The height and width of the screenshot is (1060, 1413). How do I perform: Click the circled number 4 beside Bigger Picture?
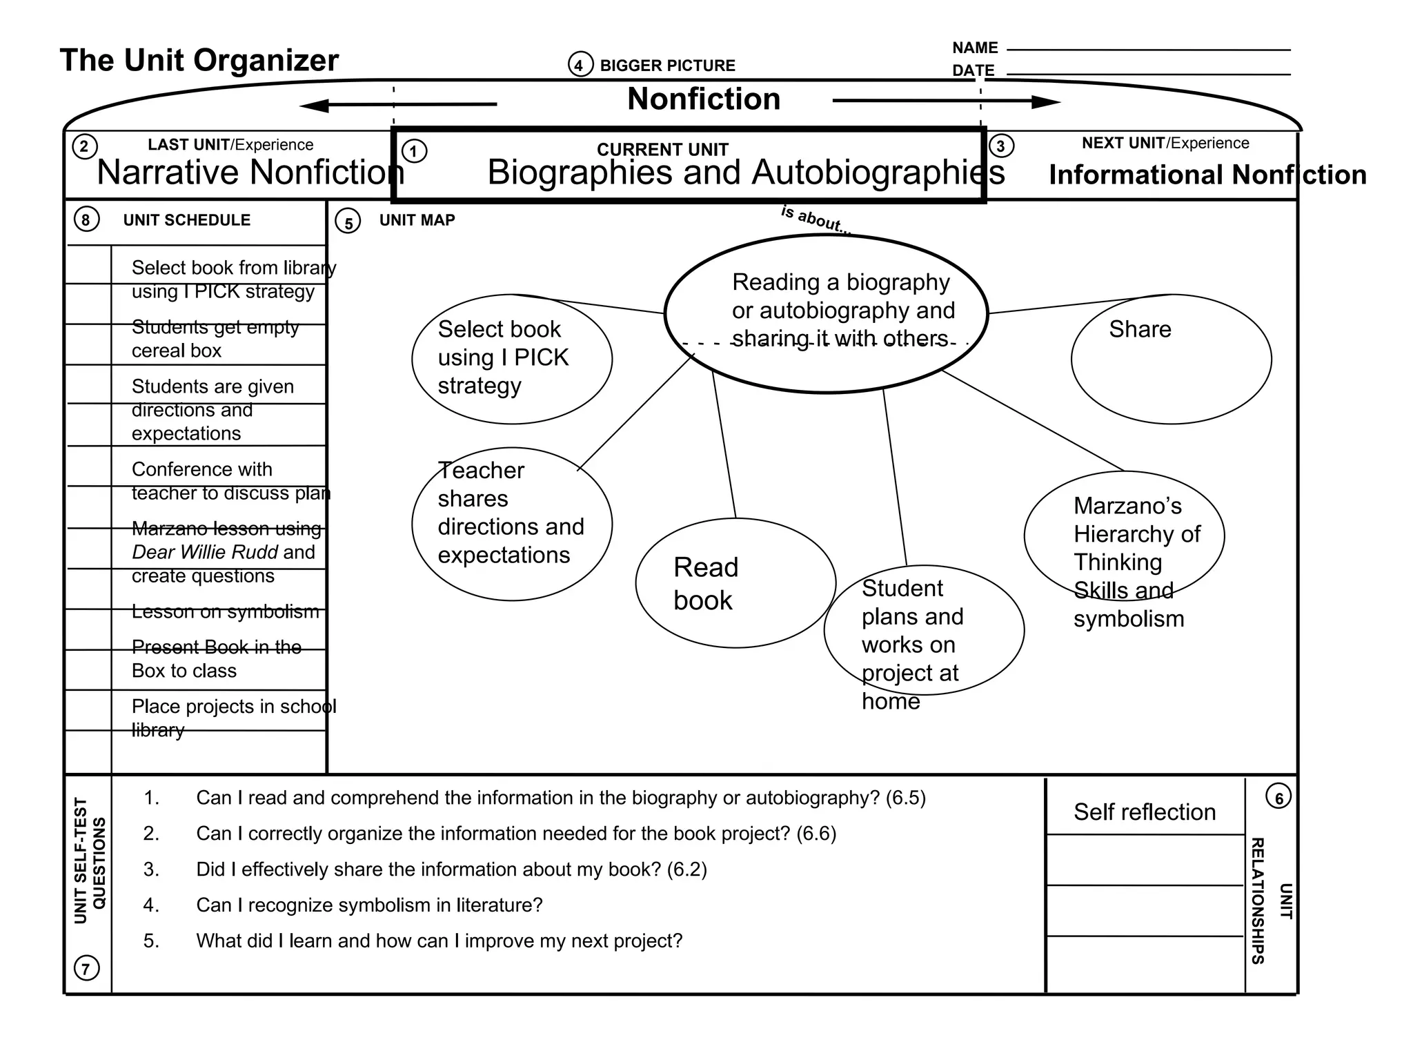(x=580, y=65)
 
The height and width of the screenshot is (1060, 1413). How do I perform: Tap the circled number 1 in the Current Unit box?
(x=414, y=151)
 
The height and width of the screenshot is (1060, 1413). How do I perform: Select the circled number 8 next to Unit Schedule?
(x=86, y=220)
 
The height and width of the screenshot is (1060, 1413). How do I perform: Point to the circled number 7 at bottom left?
(x=86, y=968)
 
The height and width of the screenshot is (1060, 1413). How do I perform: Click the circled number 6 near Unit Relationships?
(x=1278, y=798)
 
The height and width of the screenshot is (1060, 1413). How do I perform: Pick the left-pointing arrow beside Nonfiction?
(x=397, y=106)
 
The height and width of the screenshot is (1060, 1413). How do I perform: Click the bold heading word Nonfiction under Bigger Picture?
(x=704, y=99)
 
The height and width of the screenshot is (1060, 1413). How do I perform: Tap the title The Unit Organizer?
(x=199, y=60)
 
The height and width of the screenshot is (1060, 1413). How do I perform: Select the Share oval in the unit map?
(x=1171, y=359)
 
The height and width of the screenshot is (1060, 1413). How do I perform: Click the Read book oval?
(x=735, y=583)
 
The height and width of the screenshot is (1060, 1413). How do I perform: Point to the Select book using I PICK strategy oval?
(x=511, y=359)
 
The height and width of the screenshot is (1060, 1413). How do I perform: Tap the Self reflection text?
(x=1145, y=812)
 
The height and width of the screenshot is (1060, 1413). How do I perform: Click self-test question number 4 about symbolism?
(x=369, y=905)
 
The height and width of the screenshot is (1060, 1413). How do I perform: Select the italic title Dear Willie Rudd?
(x=204, y=552)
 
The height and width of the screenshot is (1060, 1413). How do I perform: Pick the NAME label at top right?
(x=975, y=48)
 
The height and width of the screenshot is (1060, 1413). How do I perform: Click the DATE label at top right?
(x=973, y=70)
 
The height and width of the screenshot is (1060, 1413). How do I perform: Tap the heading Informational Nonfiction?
(x=1207, y=175)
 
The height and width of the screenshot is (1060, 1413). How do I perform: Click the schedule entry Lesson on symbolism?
(x=226, y=611)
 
